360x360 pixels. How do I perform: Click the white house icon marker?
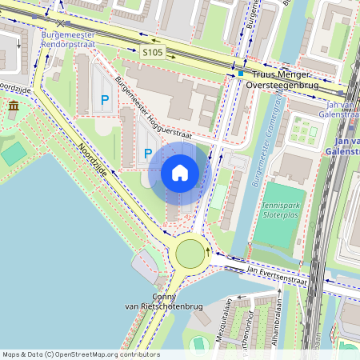point(180,172)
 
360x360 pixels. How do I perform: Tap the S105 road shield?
point(152,53)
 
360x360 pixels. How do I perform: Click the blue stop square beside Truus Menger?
point(240,74)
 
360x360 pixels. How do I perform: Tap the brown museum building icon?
point(14,106)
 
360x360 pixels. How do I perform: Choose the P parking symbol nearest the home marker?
point(146,152)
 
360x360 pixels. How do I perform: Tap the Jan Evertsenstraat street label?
point(277,276)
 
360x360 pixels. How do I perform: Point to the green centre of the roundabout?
point(190,254)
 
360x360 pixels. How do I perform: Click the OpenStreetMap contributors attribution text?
point(80,354)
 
